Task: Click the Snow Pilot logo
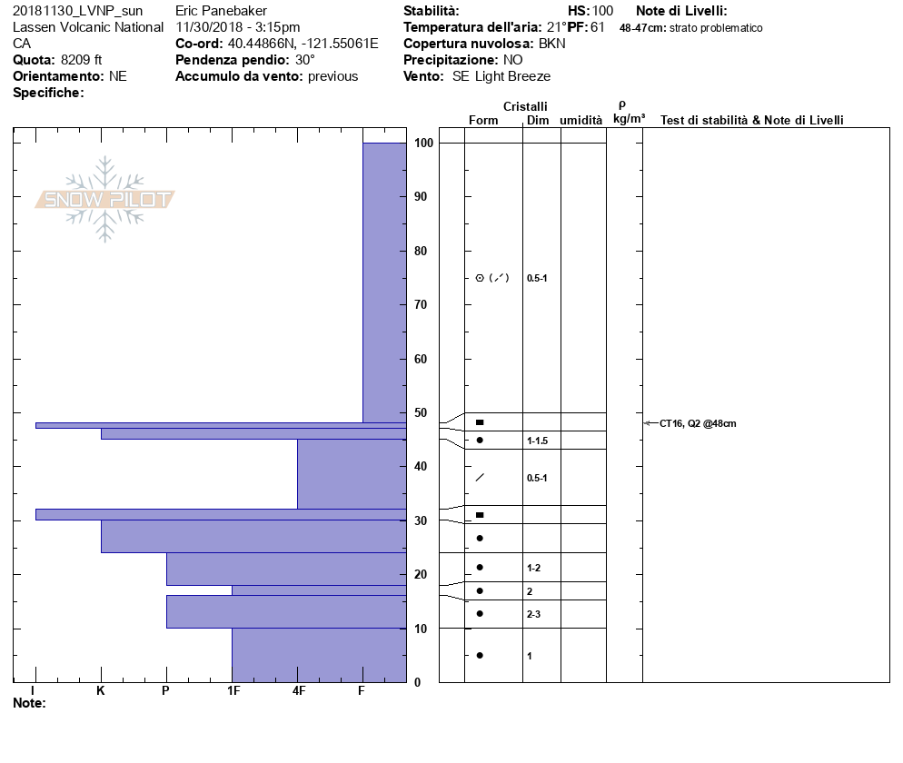(105, 200)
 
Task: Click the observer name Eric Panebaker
(220, 11)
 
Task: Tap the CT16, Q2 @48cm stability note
(698, 423)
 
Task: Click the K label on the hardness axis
(101, 691)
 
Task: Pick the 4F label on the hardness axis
(298, 691)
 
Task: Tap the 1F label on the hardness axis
(233, 691)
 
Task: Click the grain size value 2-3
(534, 615)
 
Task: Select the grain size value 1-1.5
(538, 441)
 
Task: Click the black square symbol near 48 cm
(480, 422)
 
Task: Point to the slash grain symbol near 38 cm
(480, 478)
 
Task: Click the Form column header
(483, 121)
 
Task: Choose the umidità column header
(580, 121)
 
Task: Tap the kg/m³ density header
(629, 119)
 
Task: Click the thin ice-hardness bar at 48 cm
(218, 425)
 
